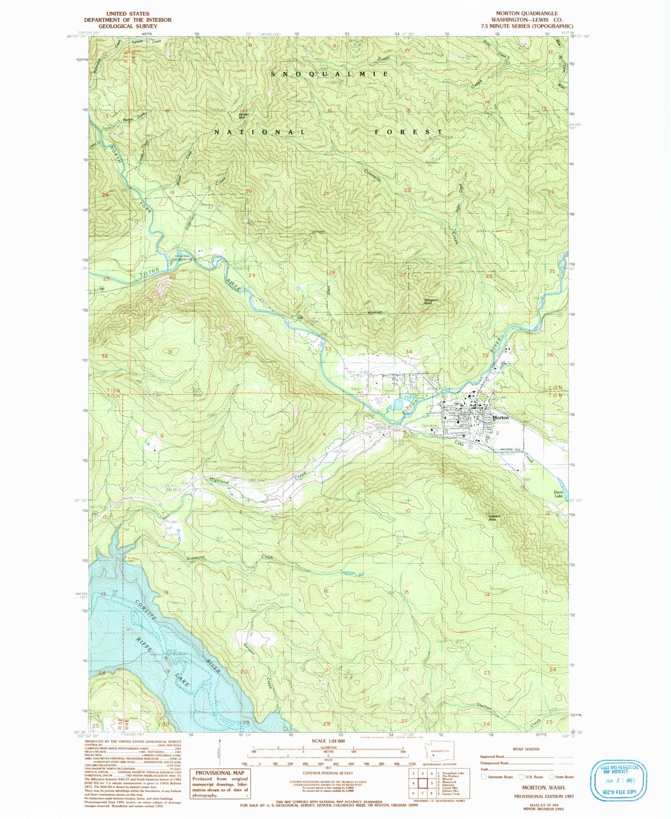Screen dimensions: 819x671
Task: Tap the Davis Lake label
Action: tap(558, 494)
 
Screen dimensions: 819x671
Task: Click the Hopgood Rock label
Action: tap(431, 301)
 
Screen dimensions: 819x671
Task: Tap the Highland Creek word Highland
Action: tap(219, 482)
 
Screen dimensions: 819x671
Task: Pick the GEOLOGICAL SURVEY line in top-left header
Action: tap(127, 26)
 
